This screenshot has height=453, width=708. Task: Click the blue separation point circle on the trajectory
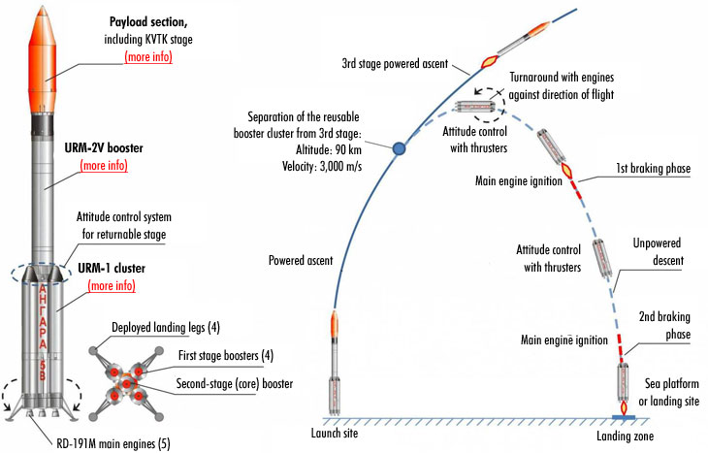pos(398,149)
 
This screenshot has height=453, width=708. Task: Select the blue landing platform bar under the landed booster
pos(625,416)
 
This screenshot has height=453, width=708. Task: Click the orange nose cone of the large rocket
pos(45,44)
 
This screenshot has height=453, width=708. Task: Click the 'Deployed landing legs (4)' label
pos(171,327)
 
